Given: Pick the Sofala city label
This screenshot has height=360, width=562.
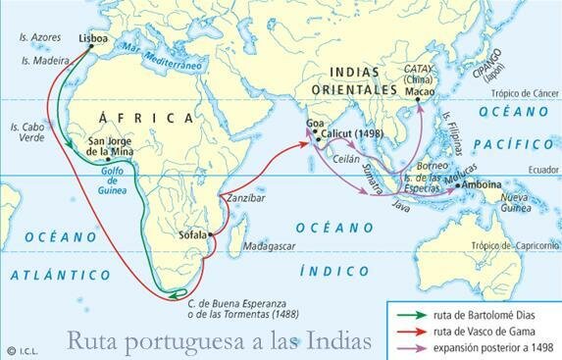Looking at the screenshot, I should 196,235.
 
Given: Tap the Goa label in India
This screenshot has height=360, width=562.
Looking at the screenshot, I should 315,123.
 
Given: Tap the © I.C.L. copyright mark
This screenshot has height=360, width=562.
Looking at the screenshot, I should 22,350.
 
